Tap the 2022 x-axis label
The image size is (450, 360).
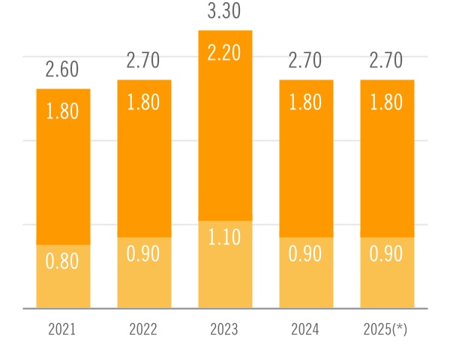[x=144, y=329]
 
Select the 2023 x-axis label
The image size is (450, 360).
[x=225, y=329]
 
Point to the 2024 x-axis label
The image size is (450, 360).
[x=306, y=329]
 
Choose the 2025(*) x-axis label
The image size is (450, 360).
[x=387, y=329]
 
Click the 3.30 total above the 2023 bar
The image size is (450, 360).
[x=225, y=11]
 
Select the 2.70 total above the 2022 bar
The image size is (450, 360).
[x=144, y=61]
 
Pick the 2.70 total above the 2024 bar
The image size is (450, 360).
[x=306, y=61]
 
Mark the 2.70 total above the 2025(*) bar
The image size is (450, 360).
[x=387, y=61]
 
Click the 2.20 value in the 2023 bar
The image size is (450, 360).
[x=225, y=53]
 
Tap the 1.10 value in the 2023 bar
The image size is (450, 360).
[x=225, y=238]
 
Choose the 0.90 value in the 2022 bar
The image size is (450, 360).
[x=144, y=254]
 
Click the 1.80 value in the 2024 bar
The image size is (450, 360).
[x=306, y=103]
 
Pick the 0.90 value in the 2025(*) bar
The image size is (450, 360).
[x=387, y=254]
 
